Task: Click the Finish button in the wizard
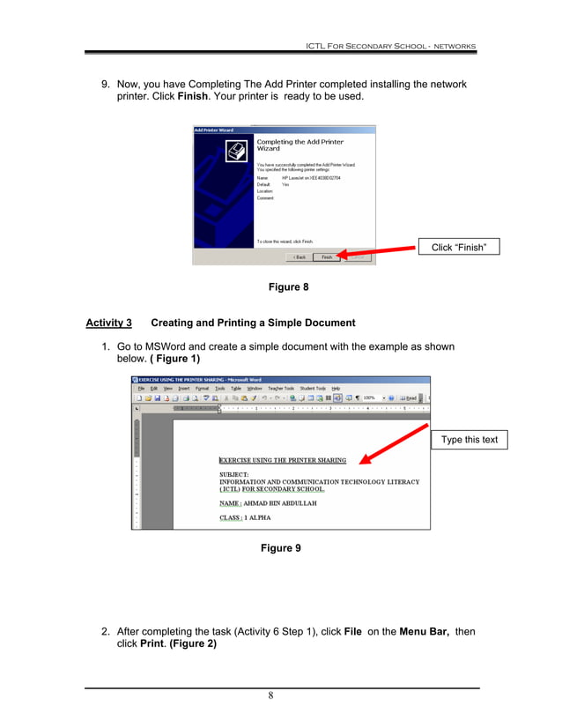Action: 327,257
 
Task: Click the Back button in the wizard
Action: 299,257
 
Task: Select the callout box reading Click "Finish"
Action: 458,248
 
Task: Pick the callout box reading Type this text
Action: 469,440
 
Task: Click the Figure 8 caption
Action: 288,287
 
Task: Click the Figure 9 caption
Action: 280,548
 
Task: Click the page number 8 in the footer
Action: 270,695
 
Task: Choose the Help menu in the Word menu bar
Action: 336,388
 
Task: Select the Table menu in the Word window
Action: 235,388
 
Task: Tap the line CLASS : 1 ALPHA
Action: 245,518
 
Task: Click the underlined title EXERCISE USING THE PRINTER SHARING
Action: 282,460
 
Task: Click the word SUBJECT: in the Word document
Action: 234,474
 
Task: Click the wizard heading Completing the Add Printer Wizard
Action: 299,145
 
